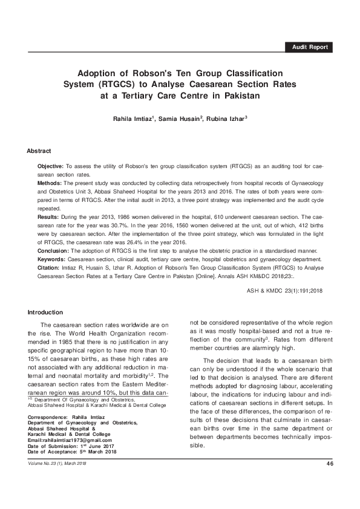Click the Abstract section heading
pos(39,150)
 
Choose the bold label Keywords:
pos(53,258)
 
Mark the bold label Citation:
pos(50,266)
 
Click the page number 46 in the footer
pos(330,463)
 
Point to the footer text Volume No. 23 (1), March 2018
pos(61,463)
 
